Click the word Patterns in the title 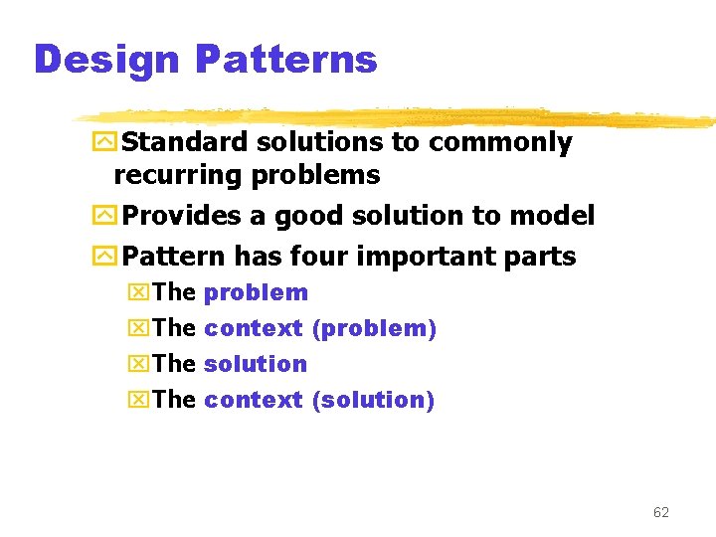pos(286,60)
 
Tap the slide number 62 pos(660,512)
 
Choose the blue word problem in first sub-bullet pos(256,293)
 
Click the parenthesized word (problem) pos(374,328)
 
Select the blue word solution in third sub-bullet pos(256,364)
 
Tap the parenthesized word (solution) pos(373,400)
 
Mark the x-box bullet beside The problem pos(139,293)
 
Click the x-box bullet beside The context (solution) pos(139,400)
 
